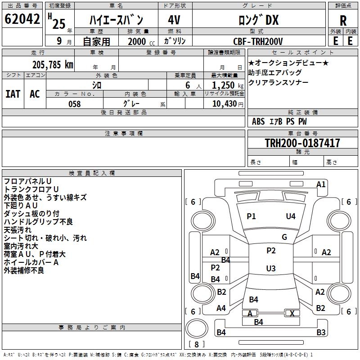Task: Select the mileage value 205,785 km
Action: [x=53, y=65]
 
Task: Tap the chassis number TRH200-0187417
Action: [x=302, y=143]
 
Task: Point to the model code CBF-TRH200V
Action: [x=258, y=41]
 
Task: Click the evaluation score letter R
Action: [x=343, y=20]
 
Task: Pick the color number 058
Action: [x=74, y=104]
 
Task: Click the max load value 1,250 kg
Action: [x=224, y=85]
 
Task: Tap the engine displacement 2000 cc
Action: [x=140, y=41]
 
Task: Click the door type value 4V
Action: [x=174, y=20]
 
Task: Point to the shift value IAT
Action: [x=13, y=94]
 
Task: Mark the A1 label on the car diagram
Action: [x=321, y=184]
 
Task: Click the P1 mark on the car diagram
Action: [x=251, y=216]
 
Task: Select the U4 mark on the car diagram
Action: [x=291, y=216]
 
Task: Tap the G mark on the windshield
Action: [x=284, y=237]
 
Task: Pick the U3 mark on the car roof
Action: [x=271, y=269]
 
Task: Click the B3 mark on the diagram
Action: [x=321, y=333]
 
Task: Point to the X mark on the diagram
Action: [x=292, y=314]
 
